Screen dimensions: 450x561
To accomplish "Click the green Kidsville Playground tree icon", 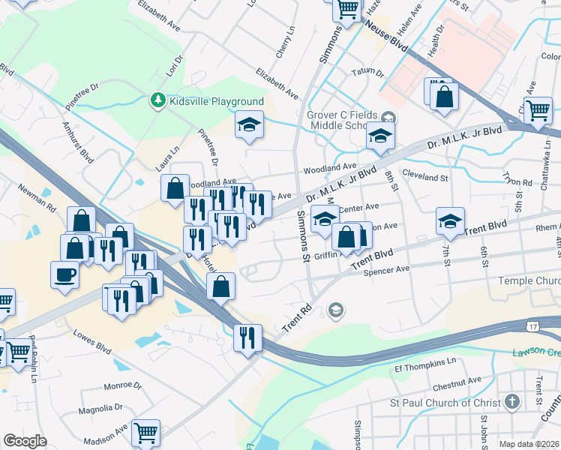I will point(157,101).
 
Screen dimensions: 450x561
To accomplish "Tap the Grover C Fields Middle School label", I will point(341,121).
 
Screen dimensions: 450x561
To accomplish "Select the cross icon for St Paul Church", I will point(511,402).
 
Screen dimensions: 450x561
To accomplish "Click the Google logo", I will point(25,441).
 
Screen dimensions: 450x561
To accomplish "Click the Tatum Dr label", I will point(368,73).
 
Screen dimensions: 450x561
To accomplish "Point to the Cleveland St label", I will point(424,178).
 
